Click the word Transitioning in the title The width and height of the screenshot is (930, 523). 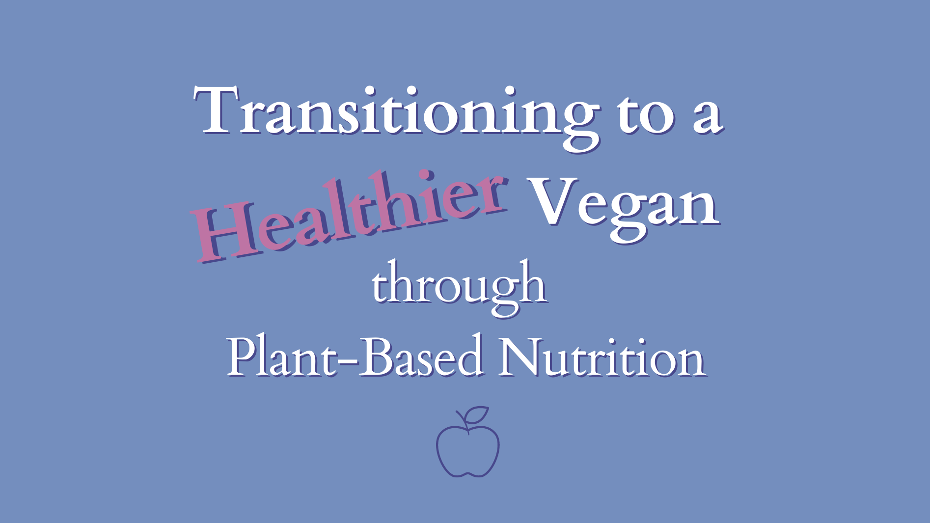point(397,118)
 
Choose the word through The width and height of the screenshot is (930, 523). point(460,287)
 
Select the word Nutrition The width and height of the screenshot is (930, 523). point(602,356)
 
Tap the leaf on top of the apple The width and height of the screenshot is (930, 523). point(476,415)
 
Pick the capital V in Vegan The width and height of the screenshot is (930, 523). point(553,201)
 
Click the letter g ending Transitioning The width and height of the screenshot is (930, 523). point(579,126)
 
